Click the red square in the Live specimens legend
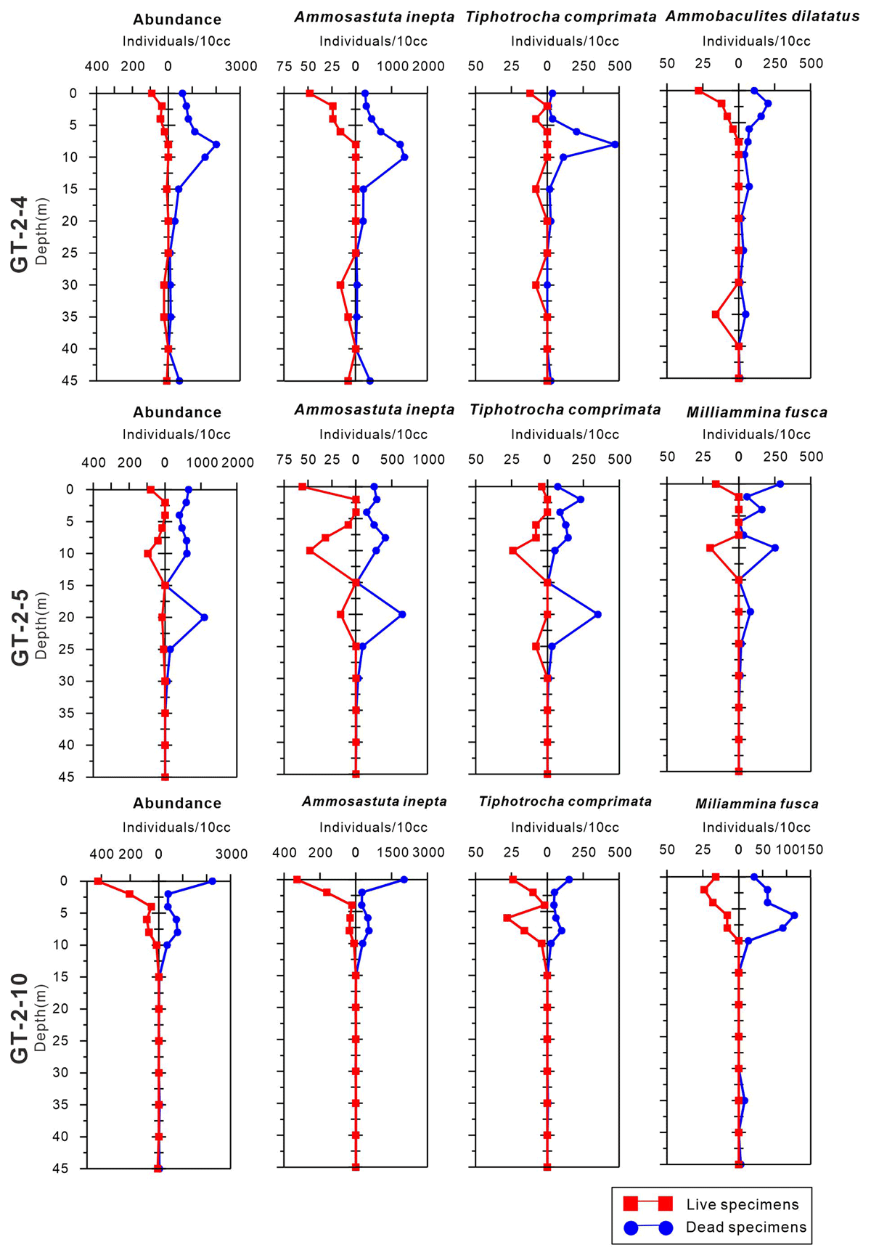point(631,1204)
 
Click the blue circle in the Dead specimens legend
point(631,1228)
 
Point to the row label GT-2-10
point(20,1018)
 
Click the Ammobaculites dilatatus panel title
point(762,17)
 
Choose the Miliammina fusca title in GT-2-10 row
point(756,804)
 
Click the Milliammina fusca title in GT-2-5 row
point(756,412)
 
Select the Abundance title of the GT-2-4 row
point(177,20)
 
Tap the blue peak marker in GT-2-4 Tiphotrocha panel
point(615,144)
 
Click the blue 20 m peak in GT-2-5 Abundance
point(205,617)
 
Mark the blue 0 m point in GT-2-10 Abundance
point(212,881)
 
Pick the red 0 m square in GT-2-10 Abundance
point(98,881)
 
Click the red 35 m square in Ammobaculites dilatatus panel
point(716,314)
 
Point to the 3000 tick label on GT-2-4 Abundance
point(241,66)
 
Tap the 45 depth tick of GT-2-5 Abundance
point(70,777)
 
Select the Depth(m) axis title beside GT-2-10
point(41,1018)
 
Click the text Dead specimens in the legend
point(745,1228)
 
